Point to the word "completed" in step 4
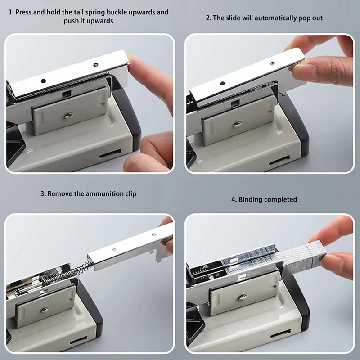[281, 199]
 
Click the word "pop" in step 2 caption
[294, 18]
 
